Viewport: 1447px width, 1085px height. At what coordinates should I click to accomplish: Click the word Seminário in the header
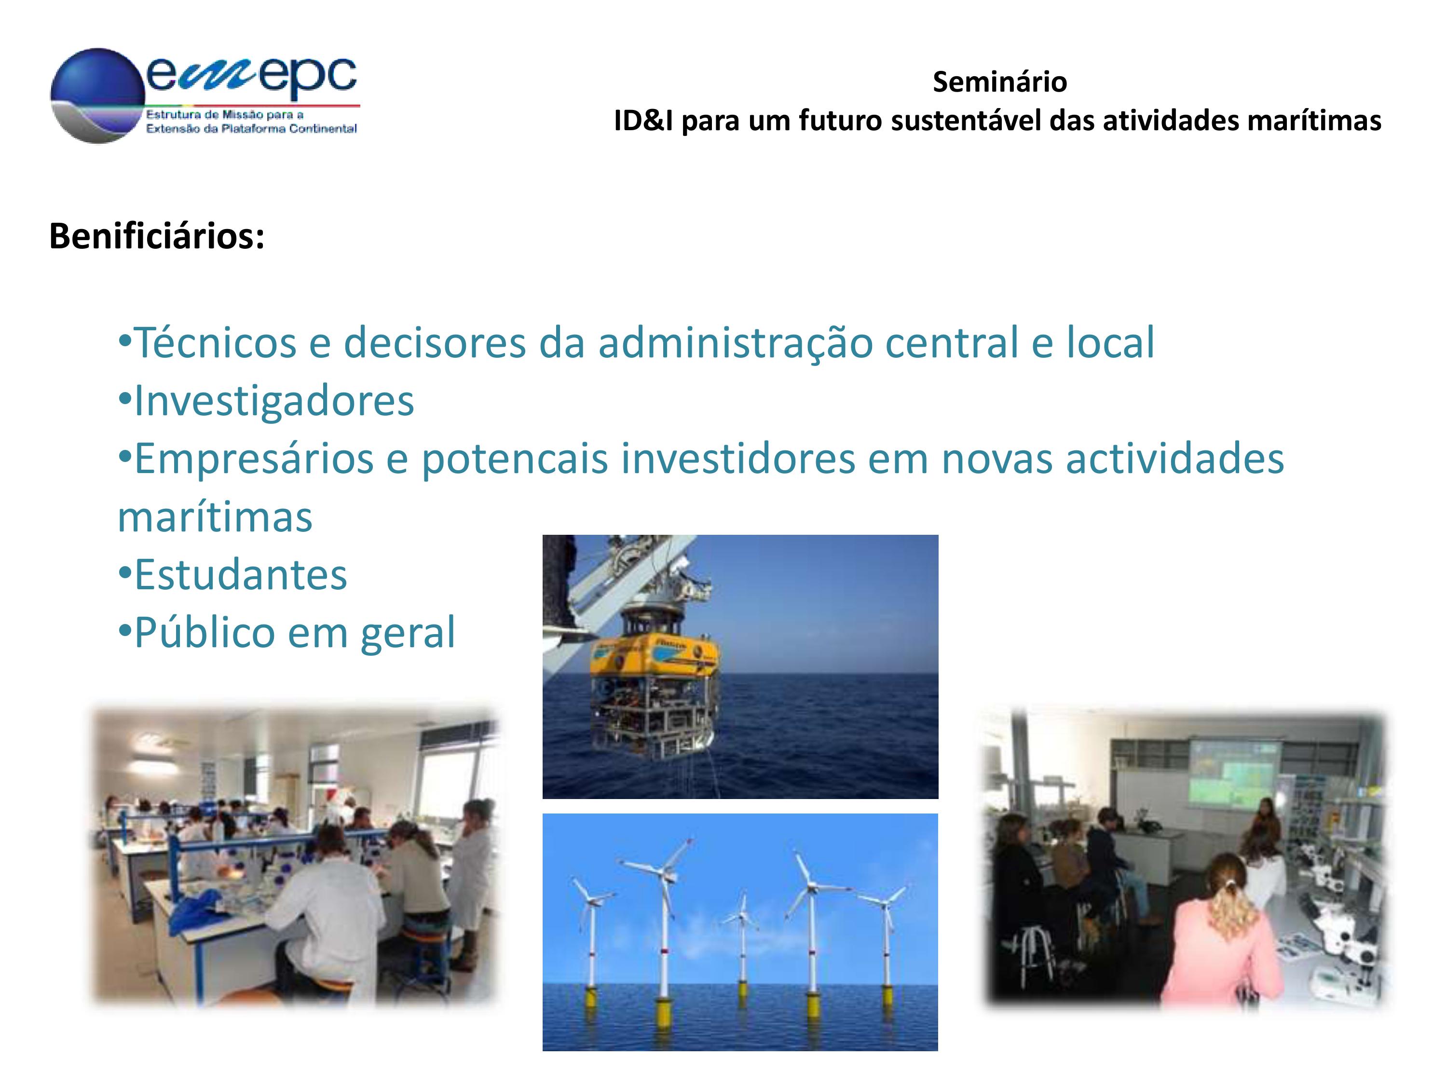999,82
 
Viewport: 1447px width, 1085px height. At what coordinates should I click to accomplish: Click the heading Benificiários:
157,236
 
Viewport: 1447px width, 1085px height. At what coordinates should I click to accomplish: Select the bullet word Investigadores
274,400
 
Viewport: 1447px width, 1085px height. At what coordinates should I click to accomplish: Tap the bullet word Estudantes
240,575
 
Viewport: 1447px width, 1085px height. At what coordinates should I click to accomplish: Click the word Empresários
255,459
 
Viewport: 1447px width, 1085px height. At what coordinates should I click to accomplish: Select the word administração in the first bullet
735,343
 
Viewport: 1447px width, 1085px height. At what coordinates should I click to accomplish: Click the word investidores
738,459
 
